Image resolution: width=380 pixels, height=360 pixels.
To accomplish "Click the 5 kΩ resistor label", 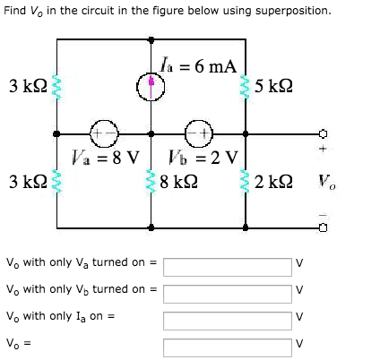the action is click(x=273, y=86).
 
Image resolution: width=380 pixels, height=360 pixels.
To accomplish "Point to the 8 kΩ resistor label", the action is click(x=178, y=182).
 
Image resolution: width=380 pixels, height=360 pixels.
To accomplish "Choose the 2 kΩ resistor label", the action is click(x=273, y=182).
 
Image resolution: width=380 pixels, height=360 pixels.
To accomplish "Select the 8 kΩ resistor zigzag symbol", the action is click(x=151, y=182).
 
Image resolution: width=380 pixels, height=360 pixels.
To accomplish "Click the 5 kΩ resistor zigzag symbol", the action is click(x=246, y=87).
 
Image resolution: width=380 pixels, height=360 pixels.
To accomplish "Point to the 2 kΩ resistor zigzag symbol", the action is click(x=246, y=182).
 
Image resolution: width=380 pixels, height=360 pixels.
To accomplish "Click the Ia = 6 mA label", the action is click(x=198, y=65).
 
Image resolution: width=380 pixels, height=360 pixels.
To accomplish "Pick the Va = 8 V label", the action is click(x=106, y=158).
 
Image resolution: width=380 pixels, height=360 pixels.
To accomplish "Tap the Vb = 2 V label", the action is click(x=203, y=158).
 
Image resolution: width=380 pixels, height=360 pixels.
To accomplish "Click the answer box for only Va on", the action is click(x=228, y=267).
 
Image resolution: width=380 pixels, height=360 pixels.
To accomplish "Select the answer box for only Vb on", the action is click(x=228, y=294).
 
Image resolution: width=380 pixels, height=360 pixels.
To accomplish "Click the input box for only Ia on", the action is click(x=228, y=321).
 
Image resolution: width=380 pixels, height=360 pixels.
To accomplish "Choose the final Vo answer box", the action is click(x=228, y=347).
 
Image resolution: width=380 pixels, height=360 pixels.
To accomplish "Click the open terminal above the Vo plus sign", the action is click(x=323, y=133).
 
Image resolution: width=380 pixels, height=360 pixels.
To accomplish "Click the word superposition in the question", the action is click(x=293, y=11).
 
